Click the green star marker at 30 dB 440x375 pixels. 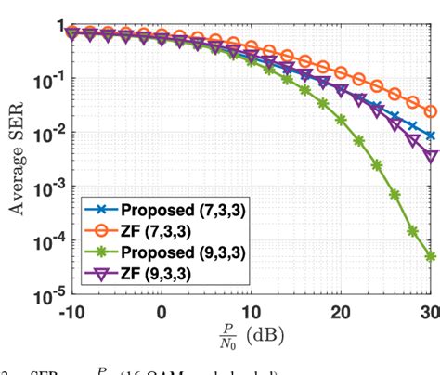click(x=431, y=257)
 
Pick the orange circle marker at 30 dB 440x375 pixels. click(x=431, y=111)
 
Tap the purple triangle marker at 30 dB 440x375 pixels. click(x=431, y=155)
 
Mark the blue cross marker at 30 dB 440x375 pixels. click(x=431, y=136)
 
